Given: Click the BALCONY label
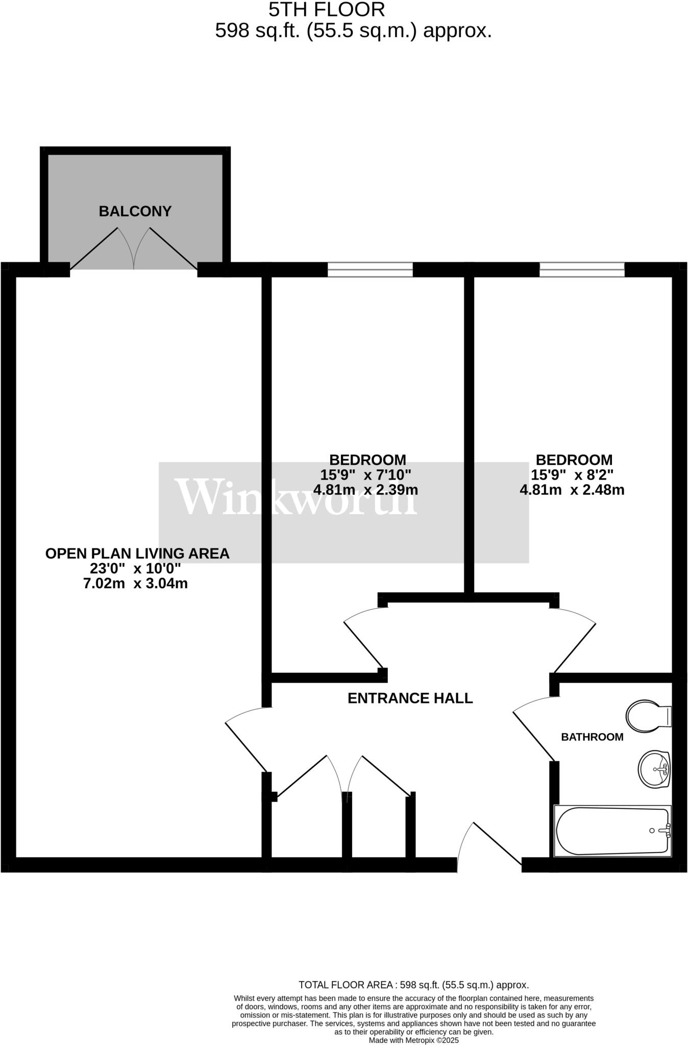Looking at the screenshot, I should point(135,211).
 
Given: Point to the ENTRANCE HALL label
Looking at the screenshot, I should point(410,698).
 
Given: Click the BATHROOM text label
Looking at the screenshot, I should point(592,737).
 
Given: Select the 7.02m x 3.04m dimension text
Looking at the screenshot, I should point(135,583).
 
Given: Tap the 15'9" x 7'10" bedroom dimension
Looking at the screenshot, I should point(365,475).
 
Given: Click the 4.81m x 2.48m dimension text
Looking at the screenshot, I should point(572,490).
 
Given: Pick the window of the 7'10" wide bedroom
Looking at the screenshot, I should point(370,269).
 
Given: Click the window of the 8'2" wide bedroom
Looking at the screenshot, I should point(582,269).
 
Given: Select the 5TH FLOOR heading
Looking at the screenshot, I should point(327,9).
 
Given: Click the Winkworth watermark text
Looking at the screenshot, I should point(296,497).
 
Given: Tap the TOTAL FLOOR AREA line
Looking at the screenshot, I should point(413,985).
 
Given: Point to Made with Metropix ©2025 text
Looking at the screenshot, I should point(413,1040).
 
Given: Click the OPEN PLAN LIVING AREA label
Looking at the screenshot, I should point(137,554).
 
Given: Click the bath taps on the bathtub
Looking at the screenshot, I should point(665,831).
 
